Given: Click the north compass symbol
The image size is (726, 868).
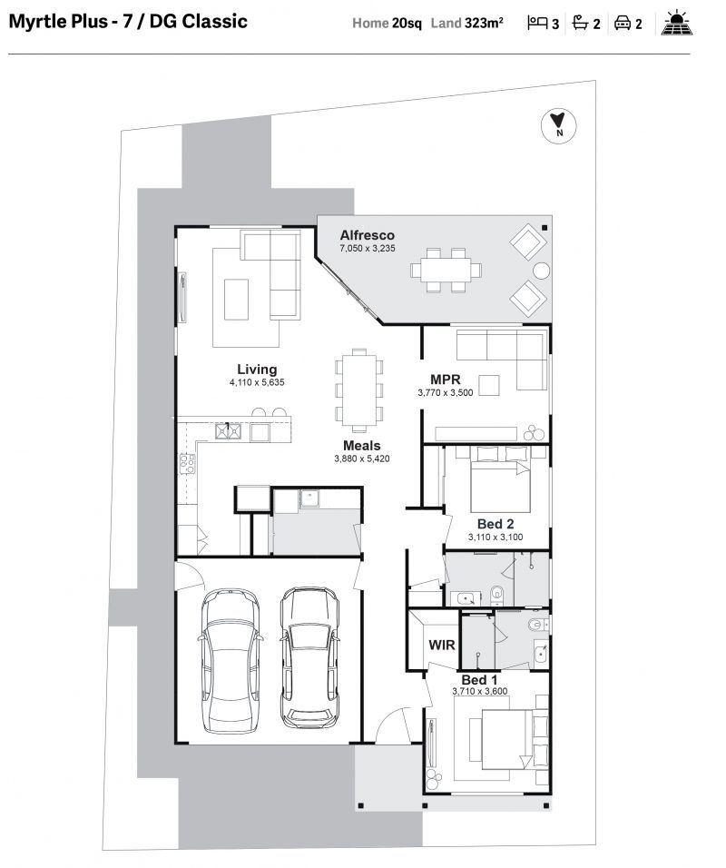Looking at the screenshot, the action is pos(558,125).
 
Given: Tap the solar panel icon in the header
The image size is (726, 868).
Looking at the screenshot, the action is pos(676,23).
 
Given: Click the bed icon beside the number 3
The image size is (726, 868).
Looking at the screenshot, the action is pos(536,23).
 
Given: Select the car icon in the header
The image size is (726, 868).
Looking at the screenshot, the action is pos(623,23).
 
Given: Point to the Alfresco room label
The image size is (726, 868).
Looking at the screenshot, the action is pos(367,235).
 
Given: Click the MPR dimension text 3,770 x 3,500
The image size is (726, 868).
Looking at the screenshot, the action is pos(446,392).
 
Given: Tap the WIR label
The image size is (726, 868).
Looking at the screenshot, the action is pos(442,645).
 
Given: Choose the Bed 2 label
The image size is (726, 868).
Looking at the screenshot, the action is pos(495,524).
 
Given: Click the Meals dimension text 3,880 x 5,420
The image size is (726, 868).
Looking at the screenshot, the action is pos(362,459).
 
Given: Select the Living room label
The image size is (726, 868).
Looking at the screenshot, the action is pos(257,370).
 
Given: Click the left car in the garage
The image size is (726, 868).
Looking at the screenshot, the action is pos(230,661).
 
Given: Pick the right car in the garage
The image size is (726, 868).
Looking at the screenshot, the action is pos(309,658).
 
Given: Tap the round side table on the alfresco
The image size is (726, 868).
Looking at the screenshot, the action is pos(541,271).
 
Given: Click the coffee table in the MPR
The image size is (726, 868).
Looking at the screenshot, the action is pos(488,385).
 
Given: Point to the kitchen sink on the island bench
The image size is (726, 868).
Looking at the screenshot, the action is pos(228,430).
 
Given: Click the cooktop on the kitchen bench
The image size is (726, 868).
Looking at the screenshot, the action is pos(187,463).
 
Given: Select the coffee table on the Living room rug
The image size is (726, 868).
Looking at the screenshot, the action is pos(236,299).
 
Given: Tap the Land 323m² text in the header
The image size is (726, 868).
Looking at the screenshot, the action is pos(466,24).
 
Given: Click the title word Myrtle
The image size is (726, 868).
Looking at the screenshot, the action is pos(34,22).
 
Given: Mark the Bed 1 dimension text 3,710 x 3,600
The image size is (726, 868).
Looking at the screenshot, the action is pos(480,691).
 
